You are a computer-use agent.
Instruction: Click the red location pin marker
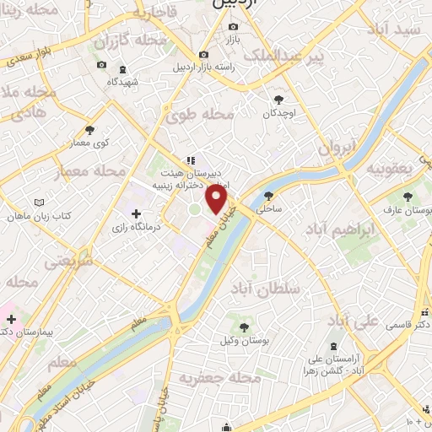pyautogui.click(x=217, y=200)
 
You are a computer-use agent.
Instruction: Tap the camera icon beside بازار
pyautogui.click(x=233, y=26)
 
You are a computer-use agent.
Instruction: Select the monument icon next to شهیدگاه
pyautogui.click(x=124, y=68)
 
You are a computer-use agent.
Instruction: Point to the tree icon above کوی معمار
pyautogui.click(x=90, y=130)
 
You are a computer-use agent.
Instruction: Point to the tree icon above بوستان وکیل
pyautogui.click(x=242, y=327)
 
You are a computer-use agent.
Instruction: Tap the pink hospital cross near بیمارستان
pyautogui.click(x=12, y=319)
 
